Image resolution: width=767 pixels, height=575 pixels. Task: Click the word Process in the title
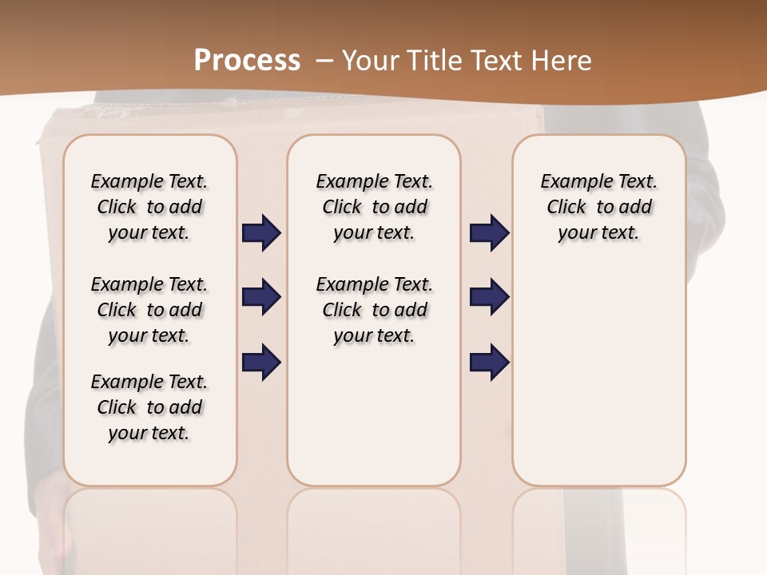click(247, 61)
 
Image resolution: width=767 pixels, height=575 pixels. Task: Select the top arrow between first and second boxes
click(261, 233)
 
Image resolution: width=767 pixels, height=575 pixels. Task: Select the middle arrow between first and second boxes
click(261, 297)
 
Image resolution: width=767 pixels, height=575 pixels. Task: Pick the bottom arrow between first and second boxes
click(261, 362)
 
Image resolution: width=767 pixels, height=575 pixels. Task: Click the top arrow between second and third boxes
click(489, 233)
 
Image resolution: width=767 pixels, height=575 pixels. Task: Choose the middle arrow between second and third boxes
click(489, 297)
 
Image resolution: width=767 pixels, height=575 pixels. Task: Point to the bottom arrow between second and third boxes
click(489, 362)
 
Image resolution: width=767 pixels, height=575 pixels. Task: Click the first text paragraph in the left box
click(149, 207)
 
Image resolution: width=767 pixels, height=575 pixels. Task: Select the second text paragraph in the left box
click(149, 310)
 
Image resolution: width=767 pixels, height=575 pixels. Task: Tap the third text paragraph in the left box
click(149, 407)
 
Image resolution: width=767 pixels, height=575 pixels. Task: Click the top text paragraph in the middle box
click(374, 207)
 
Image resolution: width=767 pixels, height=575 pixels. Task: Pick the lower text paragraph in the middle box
click(374, 310)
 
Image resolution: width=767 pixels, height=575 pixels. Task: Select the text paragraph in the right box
click(598, 207)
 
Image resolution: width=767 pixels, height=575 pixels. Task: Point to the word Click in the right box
click(566, 207)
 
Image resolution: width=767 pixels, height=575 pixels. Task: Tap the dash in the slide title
click(325, 61)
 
